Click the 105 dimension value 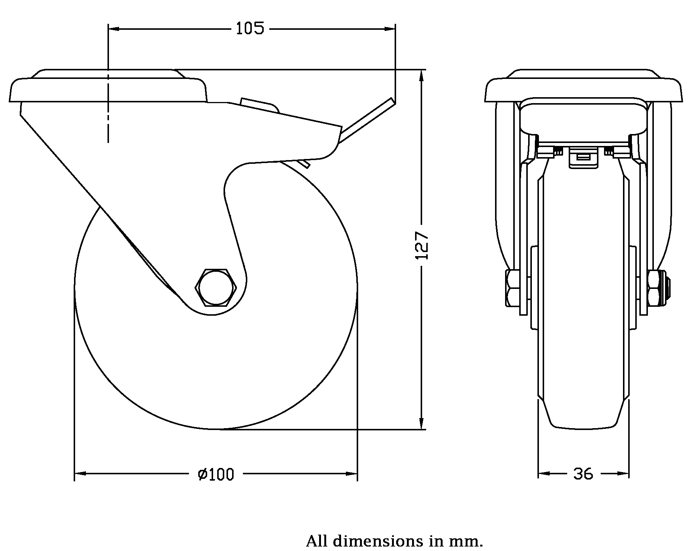250,28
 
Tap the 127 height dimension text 422,246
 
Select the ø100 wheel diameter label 216,474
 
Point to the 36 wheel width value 583,474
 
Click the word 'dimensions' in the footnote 378,541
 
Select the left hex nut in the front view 512,288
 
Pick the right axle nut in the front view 655,288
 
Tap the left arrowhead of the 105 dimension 113,28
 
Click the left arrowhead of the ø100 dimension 80,474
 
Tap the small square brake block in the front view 583,157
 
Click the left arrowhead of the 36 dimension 544,474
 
